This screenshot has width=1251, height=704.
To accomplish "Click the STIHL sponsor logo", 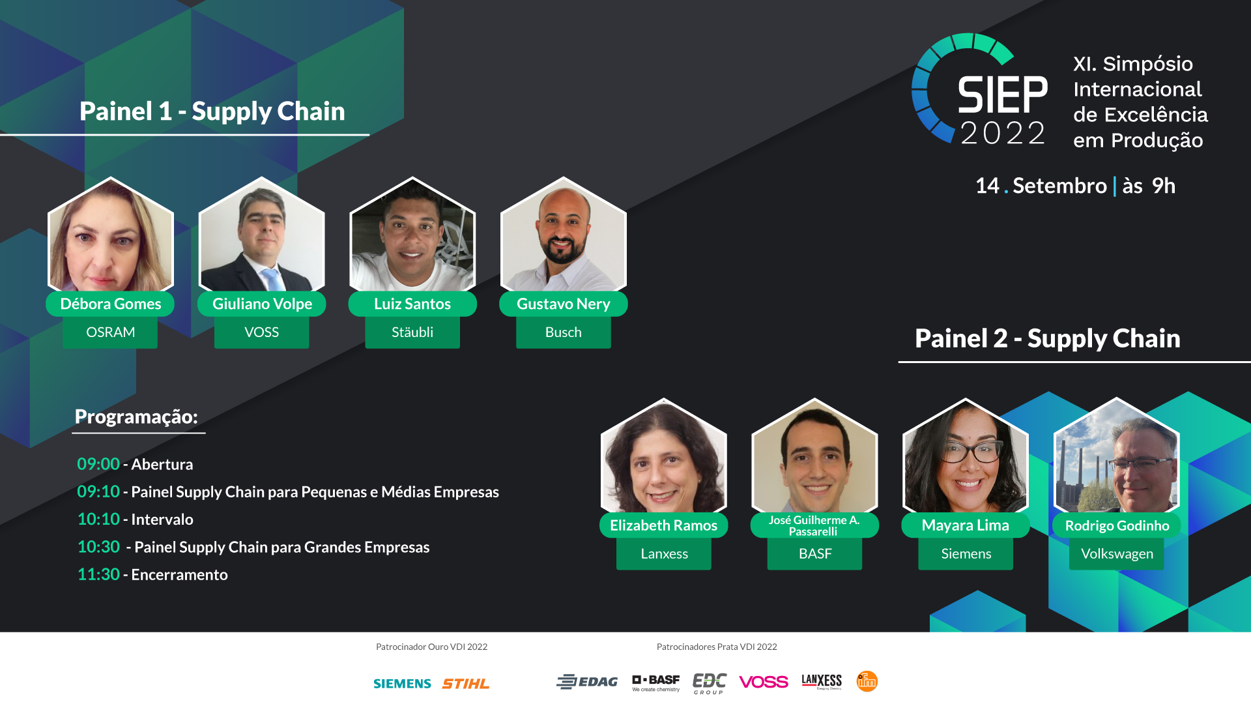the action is (x=465, y=683).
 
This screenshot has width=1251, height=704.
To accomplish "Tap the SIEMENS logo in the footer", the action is (x=402, y=683).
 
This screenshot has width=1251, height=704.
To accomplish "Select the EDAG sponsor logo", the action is (x=587, y=682).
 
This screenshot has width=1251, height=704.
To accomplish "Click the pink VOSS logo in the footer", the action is (x=764, y=682).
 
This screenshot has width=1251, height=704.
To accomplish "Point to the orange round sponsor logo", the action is (x=867, y=681).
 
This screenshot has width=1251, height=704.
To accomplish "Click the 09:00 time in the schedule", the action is (x=98, y=464).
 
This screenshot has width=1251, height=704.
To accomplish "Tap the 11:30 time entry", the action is (x=98, y=574).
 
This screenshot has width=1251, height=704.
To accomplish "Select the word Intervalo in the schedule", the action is (x=162, y=520).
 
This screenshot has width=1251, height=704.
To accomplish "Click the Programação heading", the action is (x=136, y=417).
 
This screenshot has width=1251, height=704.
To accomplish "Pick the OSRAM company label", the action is (x=110, y=332).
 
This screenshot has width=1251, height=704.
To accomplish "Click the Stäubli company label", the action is (x=412, y=332).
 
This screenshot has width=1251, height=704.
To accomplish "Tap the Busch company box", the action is (x=564, y=332).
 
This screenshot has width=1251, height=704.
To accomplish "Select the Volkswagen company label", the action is (x=1117, y=554).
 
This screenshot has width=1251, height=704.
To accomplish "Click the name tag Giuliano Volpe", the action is (x=262, y=304).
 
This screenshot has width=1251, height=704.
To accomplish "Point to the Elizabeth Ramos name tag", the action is (x=664, y=525).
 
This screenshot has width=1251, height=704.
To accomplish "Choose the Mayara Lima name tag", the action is (x=966, y=525).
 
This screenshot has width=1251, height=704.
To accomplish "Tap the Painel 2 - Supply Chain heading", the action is (x=1048, y=338).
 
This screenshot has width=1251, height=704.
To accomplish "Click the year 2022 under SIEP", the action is (x=1003, y=133).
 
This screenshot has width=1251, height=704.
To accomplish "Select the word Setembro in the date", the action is (x=1060, y=186).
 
